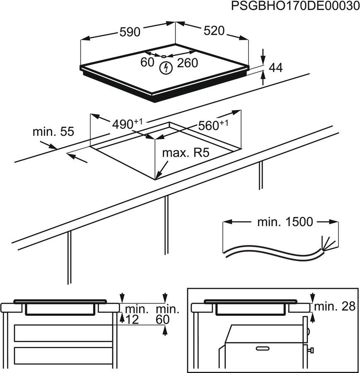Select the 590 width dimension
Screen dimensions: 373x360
130,32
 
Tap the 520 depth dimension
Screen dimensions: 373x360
213,31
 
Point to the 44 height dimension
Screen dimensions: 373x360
276,68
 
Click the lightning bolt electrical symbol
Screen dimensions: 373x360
166,68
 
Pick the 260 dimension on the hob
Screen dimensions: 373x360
188,63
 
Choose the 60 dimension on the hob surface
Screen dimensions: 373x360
147,63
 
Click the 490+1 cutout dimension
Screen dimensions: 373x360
127,124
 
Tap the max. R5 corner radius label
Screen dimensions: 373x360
186,153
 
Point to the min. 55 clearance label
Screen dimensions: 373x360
53,132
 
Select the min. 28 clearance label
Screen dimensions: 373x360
335,307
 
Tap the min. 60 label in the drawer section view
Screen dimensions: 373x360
167,314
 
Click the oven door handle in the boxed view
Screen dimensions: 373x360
261,349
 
